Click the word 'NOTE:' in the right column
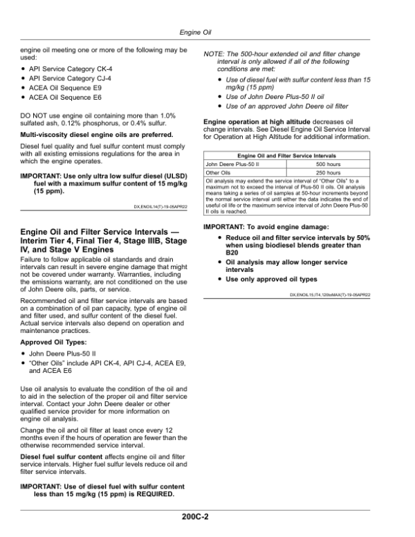(214, 54)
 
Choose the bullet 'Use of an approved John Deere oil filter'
(293, 107)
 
